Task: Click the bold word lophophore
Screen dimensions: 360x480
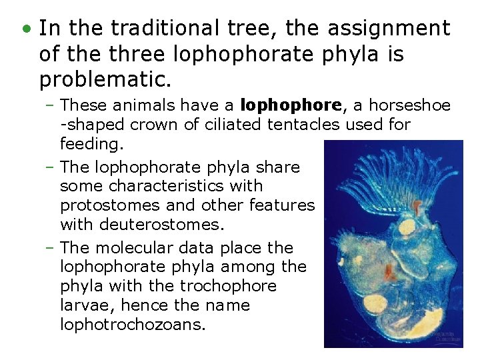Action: click(290, 105)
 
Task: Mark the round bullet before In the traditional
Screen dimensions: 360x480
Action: click(26, 30)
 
